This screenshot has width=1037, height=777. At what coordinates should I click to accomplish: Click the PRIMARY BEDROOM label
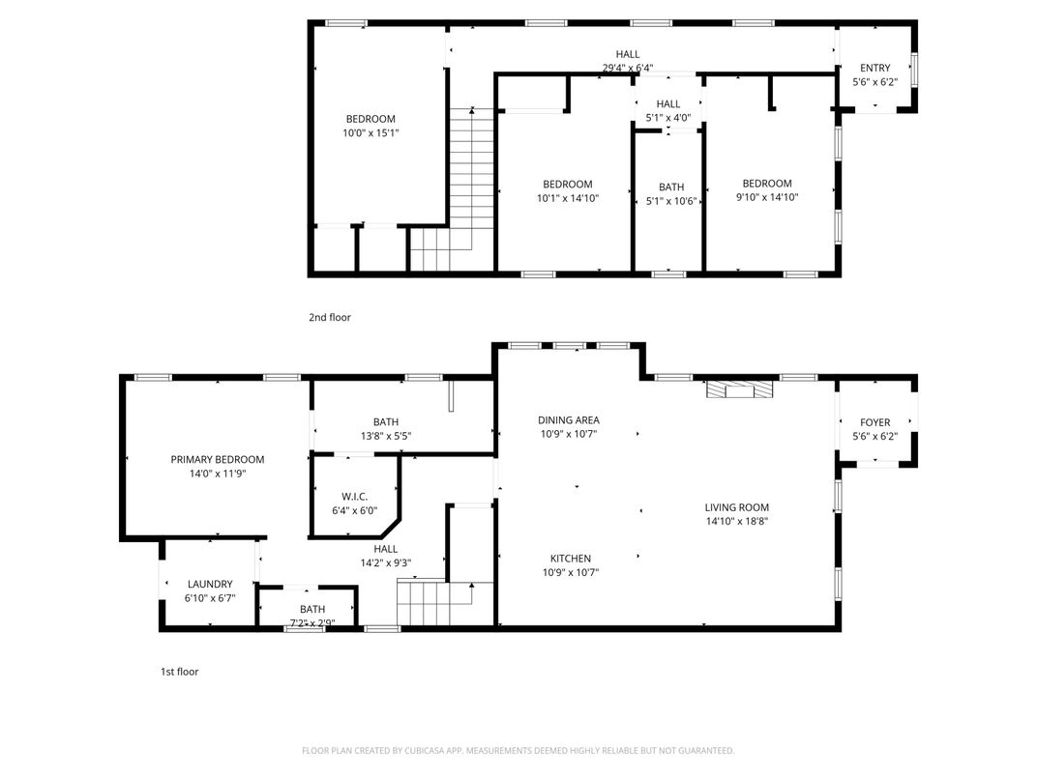[x=217, y=459]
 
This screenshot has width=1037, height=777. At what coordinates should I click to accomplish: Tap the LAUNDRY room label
[x=210, y=584]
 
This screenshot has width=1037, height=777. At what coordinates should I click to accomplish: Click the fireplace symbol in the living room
[x=740, y=389]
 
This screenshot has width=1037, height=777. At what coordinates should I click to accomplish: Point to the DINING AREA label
[x=568, y=419]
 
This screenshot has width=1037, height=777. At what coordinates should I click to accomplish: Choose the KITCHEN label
[x=570, y=559]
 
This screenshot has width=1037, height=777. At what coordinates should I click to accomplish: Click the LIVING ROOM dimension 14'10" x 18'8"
[x=737, y=522]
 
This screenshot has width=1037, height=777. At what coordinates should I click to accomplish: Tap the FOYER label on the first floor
[x=874, y=422]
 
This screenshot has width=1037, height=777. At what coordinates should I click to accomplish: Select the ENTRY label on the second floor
[x=874, y=68]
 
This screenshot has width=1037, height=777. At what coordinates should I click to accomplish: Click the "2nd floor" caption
[x=329, y=317]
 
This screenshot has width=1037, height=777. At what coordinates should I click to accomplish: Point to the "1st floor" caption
[x=179, y=672]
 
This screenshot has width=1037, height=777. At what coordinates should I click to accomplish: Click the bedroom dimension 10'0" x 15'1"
[x=370, y=133]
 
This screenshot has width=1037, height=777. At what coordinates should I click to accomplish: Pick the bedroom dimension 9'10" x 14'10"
[x=767, y=197]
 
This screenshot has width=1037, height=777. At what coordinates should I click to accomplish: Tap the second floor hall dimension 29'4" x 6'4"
[x=628, y=69]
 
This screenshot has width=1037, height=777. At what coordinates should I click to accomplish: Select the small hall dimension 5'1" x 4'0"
[x=667, y=118]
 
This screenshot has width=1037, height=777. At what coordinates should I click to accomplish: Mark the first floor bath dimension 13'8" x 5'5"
[x=385, y=436]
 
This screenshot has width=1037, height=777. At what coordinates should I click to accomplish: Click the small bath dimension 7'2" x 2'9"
[x=311, y=623]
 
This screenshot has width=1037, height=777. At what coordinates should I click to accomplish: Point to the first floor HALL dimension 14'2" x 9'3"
[x=385, y=562]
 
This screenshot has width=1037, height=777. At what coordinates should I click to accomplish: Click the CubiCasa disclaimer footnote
[x=518, y=751]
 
